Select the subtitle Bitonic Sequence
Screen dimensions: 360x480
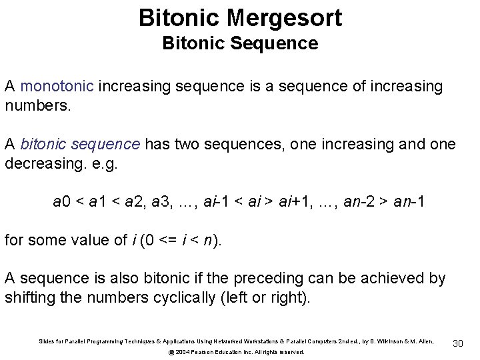pyautogui.click(x=240, y=45)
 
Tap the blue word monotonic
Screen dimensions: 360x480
pyautogui.click(x=59, y=86)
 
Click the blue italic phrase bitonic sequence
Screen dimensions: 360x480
pyautogui.click(x=80, y=144)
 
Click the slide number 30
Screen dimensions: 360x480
pyautogui.click(x=458, y=343)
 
